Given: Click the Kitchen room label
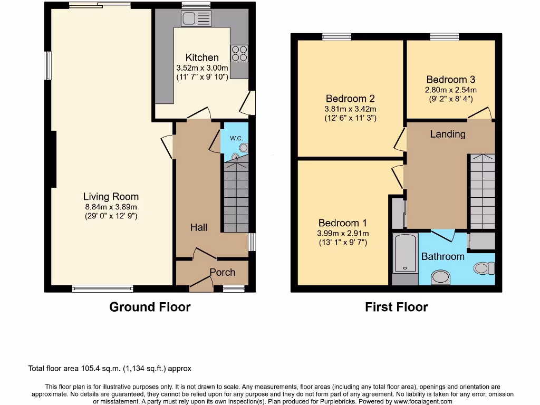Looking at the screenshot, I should pyautogui.click(x=202, y=57).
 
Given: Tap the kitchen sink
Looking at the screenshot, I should pyautogui.click(x=196, y=19).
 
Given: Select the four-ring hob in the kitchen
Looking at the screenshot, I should pyautogui.click(x=239, y=54).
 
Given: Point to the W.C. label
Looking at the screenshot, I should pyautogui.click(x=236, y=138).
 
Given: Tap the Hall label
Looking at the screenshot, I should pyautogui.click(x=199, y=227).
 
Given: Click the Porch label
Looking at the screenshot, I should pyautogui.click(x=223, y=272).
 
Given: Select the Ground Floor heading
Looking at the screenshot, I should pyautogui.click(x=150, y=307).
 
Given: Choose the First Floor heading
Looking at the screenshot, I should pyautogui.click(x=397, y=307).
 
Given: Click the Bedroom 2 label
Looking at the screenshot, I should pyautogui.click(x=350, y=99).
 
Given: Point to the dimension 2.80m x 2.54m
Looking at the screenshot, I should pyautogui.click(x=451, y=90).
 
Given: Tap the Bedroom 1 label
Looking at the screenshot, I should pyautogui.click(x=342, y=223).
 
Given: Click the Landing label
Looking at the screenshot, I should pyautogui.click(x=448, y=134).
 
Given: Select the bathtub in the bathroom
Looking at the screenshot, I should pyautogui.click(x=405, y=253).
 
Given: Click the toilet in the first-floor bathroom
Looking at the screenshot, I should pyautogui.click(x=484, y=268).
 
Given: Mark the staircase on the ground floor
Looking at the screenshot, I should pyautogui.click(x=236, y=198).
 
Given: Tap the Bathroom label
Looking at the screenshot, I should pyautogui.click(x=442, y=257).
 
